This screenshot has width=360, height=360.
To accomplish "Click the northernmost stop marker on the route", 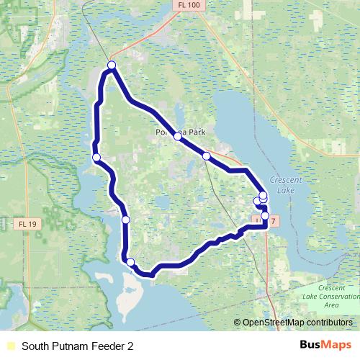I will pyautogui.click(x=112, y=66).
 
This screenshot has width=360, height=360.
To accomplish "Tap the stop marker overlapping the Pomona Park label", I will pyautogui.click(x=177, y=135).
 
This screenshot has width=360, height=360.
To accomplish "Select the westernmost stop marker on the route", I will pyautogui.click(x=96, y=158).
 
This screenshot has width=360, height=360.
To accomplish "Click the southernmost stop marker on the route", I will pyautogui.click(x=130, y=262).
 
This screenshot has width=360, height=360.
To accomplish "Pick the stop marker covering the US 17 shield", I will pyautogui.click(x=265, y=215).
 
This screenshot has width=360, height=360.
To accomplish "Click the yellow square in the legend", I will pyautogui.click(x=9, y=346).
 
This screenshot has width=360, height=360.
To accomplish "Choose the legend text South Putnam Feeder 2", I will pyautogui.click(x=78, y=346).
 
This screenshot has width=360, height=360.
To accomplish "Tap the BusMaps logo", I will pyautogui.click(x=325, y=345).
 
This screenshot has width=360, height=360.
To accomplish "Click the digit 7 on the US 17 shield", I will pyautogui.click(x=274, y=218).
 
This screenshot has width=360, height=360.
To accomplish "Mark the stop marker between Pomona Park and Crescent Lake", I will pyautogui.click(x=206, y=156).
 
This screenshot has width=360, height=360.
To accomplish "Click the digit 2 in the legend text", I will pyautogui.click(x=130, y=346).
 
